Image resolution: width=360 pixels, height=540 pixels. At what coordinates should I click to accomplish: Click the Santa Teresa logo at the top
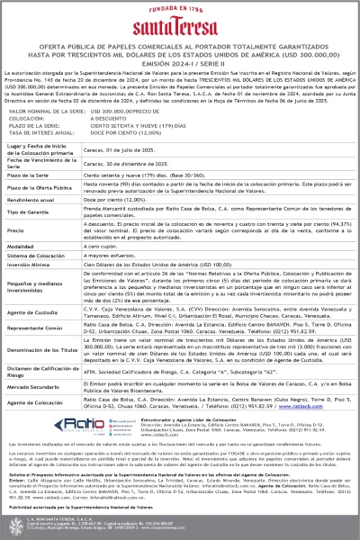[180, 28]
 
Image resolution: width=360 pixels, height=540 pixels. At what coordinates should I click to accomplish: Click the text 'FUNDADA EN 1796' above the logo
[180, 10]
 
